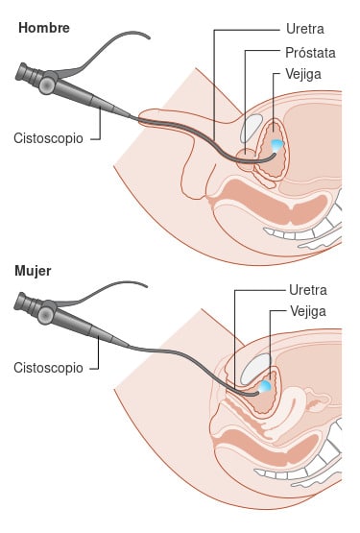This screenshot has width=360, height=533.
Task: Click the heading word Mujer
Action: [33, 270]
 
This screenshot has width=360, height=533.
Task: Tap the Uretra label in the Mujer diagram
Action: [307, 289]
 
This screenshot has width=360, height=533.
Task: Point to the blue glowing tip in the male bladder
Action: [277, 144]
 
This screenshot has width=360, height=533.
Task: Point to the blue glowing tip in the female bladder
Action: [264, 386]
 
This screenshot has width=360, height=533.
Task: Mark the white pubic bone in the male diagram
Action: [252, 129]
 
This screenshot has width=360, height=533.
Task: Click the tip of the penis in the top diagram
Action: [146, 118]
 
